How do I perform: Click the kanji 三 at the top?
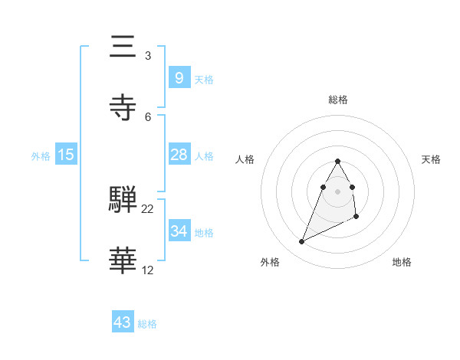click(x=123, y=47)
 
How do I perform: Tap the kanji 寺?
click(x=123, y=108)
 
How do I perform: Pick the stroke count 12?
click(x=148, y=270)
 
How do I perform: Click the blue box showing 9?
click(x=179, y=78)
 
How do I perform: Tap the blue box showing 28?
click(x=179, y=155)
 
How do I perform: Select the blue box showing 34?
click(x=179, y=231)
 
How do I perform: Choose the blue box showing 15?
click(x=66, y=155)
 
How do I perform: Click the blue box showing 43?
click(x=123, y=322)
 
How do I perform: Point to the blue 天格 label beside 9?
click(x=204, y=80)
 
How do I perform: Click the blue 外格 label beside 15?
click(x=41, y=156)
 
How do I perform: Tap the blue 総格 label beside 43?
click(x=147, y=324)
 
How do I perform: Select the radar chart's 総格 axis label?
click(x=338, y=100)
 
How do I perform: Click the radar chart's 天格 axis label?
click(x=431, y=159)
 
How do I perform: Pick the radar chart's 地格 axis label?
click(x=402, y=262)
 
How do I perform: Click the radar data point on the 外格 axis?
click(x=301, y=242)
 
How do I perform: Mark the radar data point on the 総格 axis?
click(x=338, y=161)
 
